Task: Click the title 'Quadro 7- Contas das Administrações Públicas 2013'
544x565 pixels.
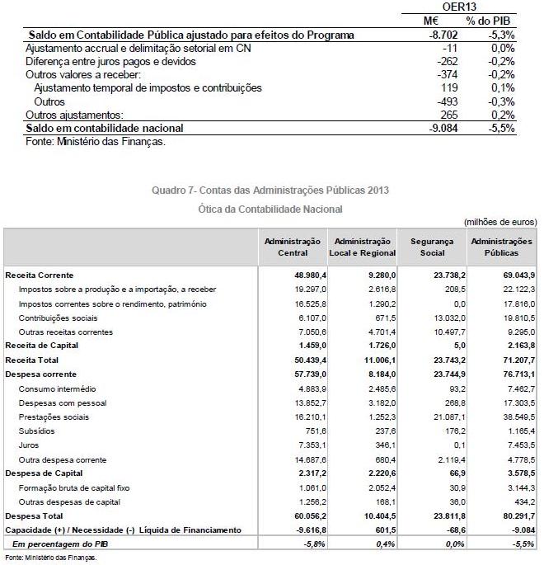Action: [271, 191]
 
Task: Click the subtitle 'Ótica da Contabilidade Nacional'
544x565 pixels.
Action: [271, 210]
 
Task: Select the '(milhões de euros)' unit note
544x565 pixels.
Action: [500, 222]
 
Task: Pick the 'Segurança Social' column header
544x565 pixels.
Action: [432, 247]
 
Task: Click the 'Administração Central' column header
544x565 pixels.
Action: [293, 247]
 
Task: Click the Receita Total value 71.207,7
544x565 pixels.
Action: [515, 360]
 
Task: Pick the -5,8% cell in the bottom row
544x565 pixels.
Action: [314, 544]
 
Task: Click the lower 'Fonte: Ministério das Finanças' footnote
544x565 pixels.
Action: [50, 558]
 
